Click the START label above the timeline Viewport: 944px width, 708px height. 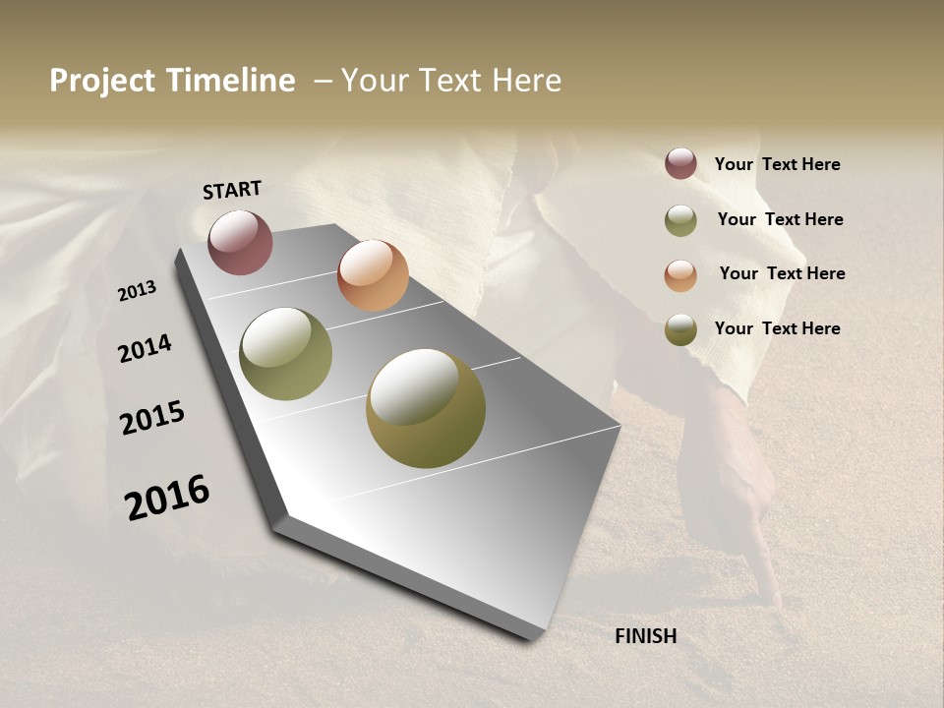coord(232,190)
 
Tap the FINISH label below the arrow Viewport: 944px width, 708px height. coord(645,636)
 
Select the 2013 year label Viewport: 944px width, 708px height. coord(137,290)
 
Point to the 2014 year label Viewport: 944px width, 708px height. coord(145,348)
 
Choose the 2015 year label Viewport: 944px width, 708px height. coord(152,418)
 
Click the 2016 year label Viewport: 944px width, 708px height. coord(167,497)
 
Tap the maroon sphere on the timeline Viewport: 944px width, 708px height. coord(241,242)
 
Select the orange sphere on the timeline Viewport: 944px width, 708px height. coord(373,275)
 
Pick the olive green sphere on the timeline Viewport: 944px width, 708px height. coord(286,354)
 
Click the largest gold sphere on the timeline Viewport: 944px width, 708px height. coord(426,408)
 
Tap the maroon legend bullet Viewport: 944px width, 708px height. coord(680,163)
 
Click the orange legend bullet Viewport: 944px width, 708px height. coord(680,275)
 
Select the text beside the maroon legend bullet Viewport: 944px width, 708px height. coord(777,164)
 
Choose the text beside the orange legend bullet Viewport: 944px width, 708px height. coord(782,273)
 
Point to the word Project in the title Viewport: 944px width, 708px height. coord(101,81)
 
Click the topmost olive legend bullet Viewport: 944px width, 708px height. coord(680,220)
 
